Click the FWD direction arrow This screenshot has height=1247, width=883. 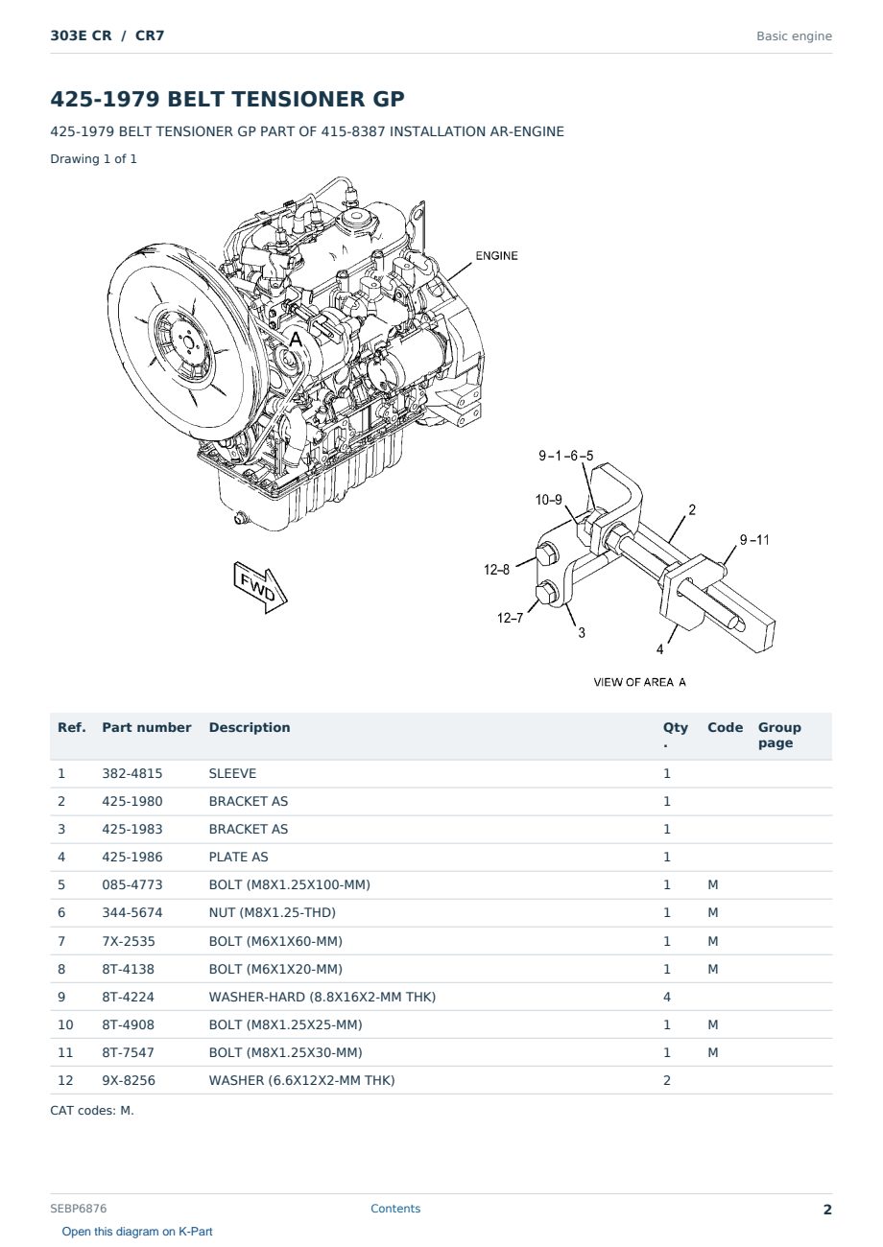[x=260, y=587]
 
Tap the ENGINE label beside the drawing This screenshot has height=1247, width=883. [x=496, y=255]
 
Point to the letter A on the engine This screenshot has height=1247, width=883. [x=296, y=339]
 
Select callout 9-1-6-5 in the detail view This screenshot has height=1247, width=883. [x=565, y=456]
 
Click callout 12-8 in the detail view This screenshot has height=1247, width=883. [x=496, y=570]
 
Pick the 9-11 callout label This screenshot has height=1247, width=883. [x=754, y=539]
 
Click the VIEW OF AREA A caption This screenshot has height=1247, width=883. [x=639, y=682]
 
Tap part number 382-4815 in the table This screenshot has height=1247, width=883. [x=132, y=773]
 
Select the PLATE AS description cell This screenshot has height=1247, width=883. [x=238, y=857]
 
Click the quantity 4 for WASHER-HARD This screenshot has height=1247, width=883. [x=667, y=997]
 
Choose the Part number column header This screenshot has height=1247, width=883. [x=147, y=727]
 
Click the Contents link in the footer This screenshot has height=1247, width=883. [x=395, y=1209]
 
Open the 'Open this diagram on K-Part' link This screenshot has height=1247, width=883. [x=137, y=1232]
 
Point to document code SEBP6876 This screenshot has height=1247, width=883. [x=78, y=1209]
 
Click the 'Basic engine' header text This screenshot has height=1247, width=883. [x=794, y=36]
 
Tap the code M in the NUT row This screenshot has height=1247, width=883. [x=712, y=912]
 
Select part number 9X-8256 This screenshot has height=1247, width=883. [x=129, y=1080]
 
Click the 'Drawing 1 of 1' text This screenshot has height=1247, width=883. [x=94, y=158]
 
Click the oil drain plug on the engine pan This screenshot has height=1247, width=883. [x=241, y=518]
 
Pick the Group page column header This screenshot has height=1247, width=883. [x=779, y=735]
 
